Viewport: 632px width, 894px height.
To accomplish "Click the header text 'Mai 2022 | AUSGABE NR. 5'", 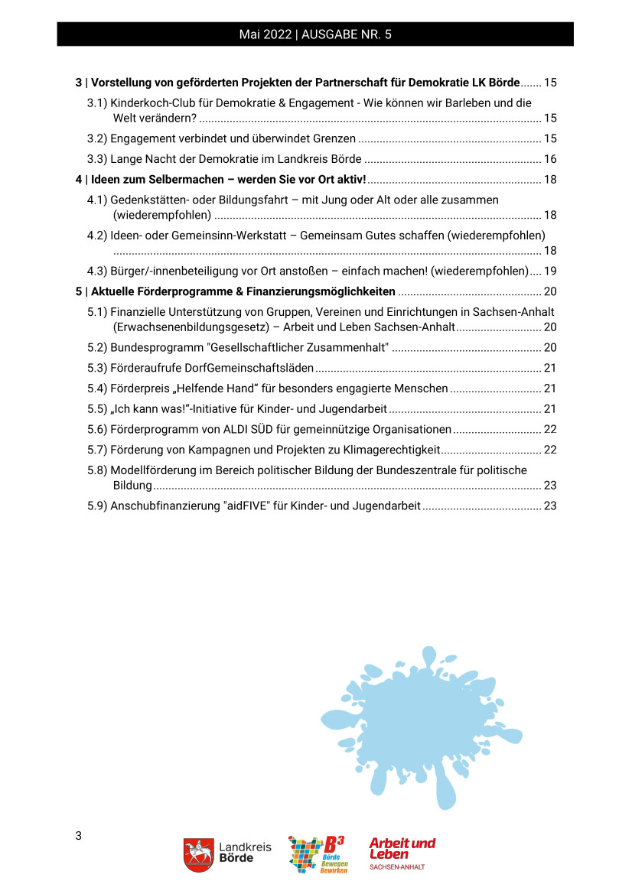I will click(x=315, y=34).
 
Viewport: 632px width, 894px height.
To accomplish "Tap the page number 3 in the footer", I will click(x=78, y=835).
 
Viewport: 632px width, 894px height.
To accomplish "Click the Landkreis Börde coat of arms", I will click(x=198, y=855).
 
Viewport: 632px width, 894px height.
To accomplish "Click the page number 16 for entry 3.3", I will click(x=549, y=159).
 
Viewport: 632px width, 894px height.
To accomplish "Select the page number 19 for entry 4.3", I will click(x=549, y=271).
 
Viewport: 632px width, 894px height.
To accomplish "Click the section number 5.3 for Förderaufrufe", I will click(x=96, y=368).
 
